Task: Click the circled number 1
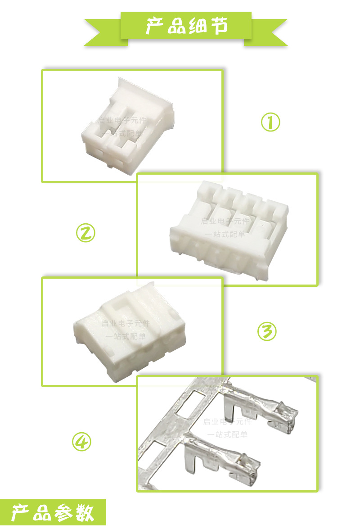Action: point(271,122)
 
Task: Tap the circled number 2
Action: point(85,233)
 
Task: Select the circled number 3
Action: point(267,332)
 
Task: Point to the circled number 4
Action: point(82,442)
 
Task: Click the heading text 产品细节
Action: point(185,26)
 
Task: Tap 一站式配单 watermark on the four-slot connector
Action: point(225,234)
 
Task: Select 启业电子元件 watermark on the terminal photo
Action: point(228,422)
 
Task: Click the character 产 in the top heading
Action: point(154,26)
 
